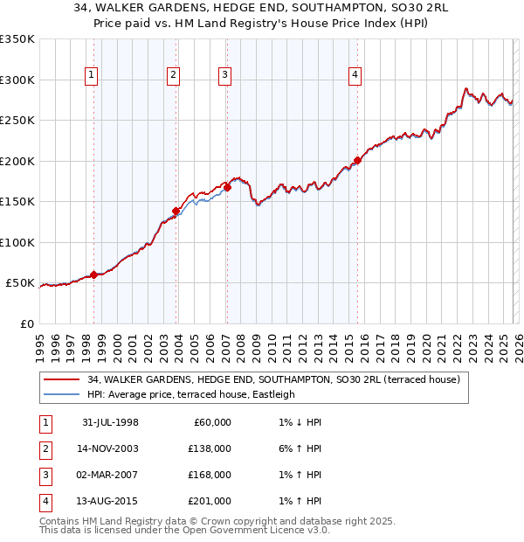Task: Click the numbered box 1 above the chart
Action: [92, 76]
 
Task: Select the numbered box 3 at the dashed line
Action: [224, 76]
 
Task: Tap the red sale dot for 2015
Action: [357, 160]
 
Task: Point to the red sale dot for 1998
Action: [94, 274]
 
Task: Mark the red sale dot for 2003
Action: [176, 211]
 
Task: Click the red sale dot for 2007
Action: [227, 186]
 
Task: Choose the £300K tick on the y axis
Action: [17, 80]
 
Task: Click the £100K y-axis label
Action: [17, 242]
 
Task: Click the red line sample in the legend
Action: [61, 379]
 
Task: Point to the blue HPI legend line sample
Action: [61, 394]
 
